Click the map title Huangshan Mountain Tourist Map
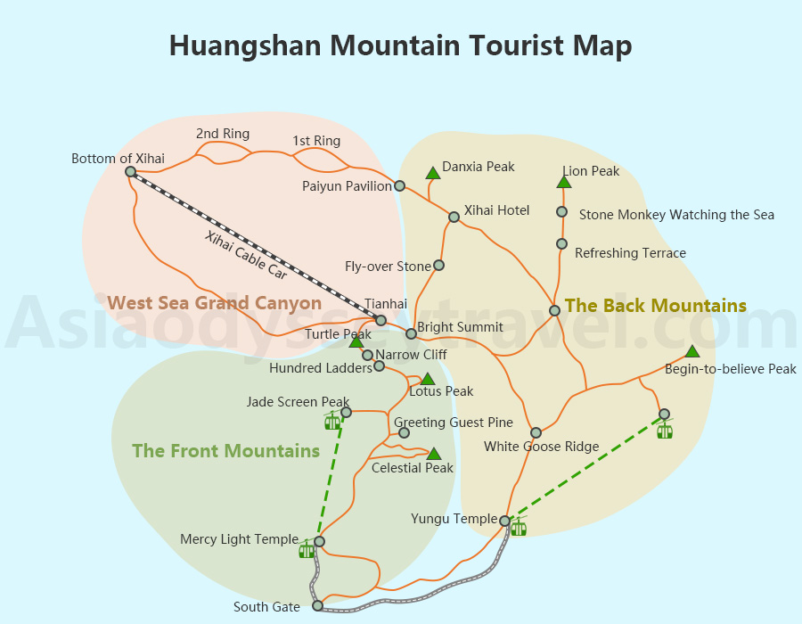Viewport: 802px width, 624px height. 400,45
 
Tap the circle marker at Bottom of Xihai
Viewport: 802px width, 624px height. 130,171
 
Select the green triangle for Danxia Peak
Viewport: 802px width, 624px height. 432,172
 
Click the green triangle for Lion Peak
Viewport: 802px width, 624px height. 563,182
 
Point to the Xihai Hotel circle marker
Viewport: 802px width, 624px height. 454,217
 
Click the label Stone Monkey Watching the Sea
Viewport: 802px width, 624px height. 676,215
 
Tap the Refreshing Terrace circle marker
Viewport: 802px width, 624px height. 561,243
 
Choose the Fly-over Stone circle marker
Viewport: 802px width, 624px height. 438,266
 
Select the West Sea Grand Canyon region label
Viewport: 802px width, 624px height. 214,303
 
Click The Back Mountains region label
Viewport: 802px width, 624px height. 655,306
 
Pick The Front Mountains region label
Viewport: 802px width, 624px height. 225,451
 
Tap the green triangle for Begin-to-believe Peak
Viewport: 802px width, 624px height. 692,351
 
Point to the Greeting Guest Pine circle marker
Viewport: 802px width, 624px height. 404,432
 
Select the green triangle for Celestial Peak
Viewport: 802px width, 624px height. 433,454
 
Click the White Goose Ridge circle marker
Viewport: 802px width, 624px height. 536,432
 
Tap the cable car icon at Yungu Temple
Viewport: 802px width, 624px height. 518,528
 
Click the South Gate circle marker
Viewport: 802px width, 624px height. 317,605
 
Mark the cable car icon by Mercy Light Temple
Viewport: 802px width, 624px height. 307,549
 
